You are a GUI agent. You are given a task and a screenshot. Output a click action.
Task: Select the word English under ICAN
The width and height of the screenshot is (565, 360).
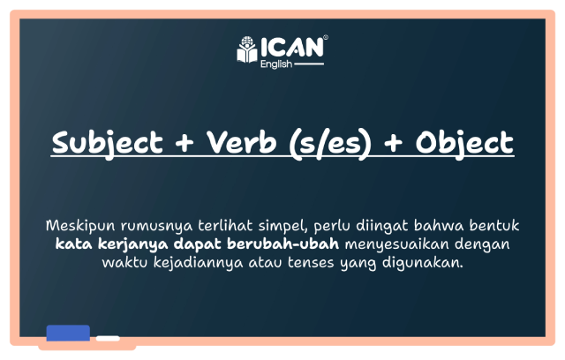pyautogui.click(x=275, y=64)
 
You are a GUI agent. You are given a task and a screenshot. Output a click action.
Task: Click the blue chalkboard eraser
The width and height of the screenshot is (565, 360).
pyautogui.click(x=68, y=333)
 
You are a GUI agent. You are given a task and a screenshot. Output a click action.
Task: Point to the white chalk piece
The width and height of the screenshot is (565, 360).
pyautogui.click(x=108, y=338)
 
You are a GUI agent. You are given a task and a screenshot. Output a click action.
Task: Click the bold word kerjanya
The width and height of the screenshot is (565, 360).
pyautogui.click(x=124, y=242)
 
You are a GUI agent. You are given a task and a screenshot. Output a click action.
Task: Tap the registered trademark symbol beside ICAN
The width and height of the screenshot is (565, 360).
pyautogui.click(x=326, y=38)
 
